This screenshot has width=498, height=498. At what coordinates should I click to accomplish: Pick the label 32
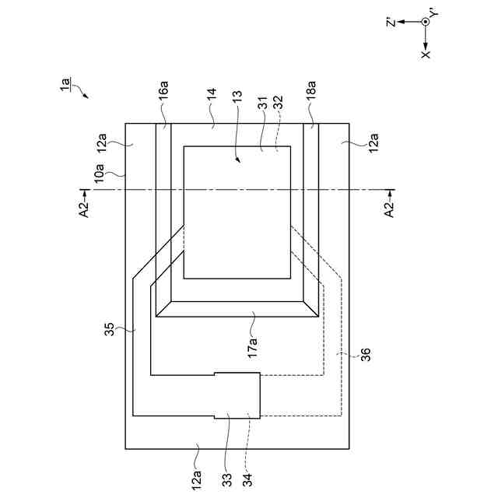[x=277, y=102]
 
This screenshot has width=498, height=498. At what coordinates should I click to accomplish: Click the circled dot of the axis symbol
[x=426, y=22]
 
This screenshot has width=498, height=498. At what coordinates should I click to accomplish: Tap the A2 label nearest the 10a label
[x=85, y=206]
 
